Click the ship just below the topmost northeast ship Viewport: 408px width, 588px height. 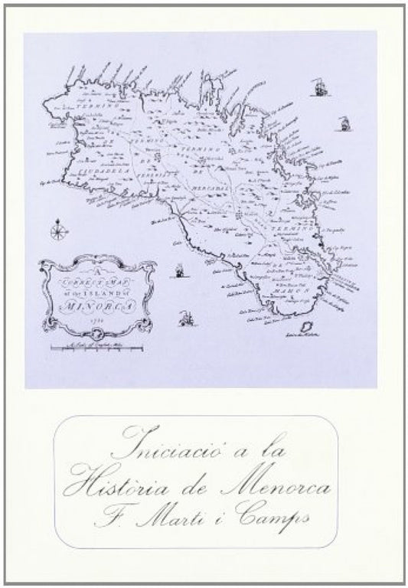tap(344, 122)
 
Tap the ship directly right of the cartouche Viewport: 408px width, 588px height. tap(178, 270)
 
